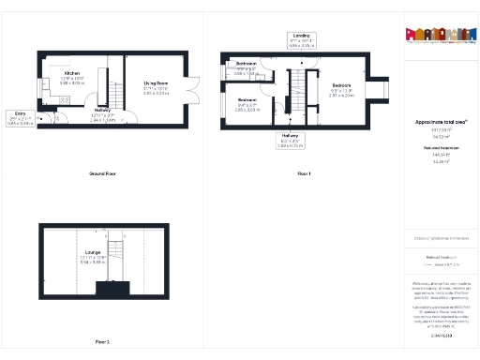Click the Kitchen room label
point(72,72)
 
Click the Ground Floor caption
point(102,174)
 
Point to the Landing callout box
point(302,38)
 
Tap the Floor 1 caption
point(302,174)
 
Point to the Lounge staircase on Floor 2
point(115,256)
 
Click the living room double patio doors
point(193,89)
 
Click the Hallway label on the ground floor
point(103,111)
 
